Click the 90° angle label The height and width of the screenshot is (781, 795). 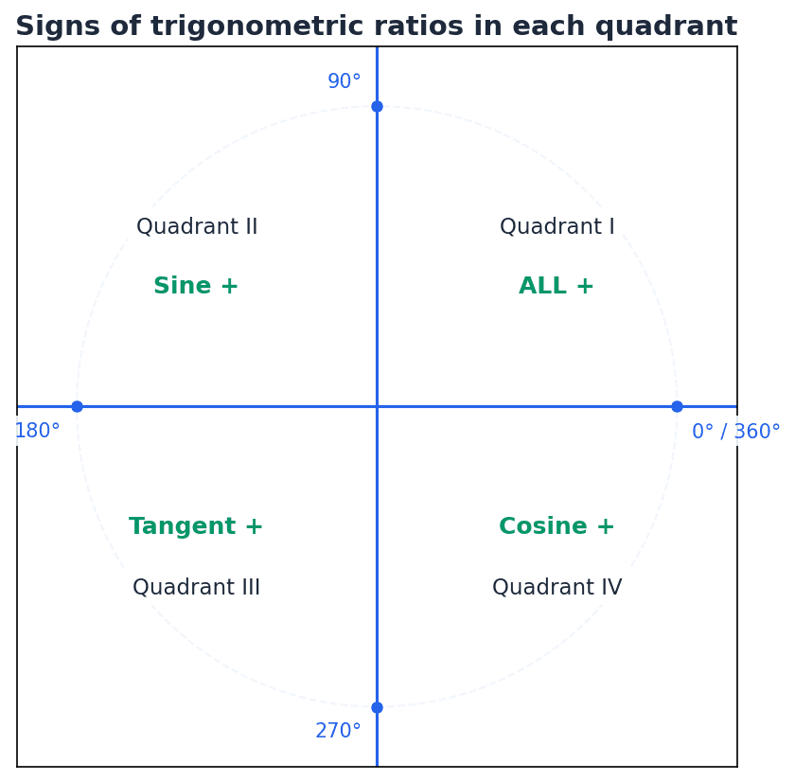(x=344, y=82)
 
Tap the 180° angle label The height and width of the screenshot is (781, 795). (x=37, y=432)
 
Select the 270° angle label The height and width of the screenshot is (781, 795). (x=338, y=732)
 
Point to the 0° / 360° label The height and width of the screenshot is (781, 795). (x=735, y=433)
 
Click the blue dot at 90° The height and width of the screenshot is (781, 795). (x=377, y=106)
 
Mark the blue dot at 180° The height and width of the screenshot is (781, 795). (x=77, y=406)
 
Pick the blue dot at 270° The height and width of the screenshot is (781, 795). (x=377, y=707)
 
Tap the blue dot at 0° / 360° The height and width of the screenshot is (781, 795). (x=677, y=406)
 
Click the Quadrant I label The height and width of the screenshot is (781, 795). (x=556, y=227)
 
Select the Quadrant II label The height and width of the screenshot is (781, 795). (x=197, y=227)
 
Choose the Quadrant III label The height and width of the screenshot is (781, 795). (x=196, y=588)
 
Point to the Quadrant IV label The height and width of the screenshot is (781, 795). (x=556, y=588)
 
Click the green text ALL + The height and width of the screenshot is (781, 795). (x=556, y=287)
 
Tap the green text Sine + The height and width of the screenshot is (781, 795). (x=196, y=287)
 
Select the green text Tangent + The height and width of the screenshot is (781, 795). (x=196, y=527)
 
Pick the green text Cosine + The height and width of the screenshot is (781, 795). (x=556, y=527)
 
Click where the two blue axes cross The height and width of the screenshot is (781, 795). (x=377, y=406)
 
